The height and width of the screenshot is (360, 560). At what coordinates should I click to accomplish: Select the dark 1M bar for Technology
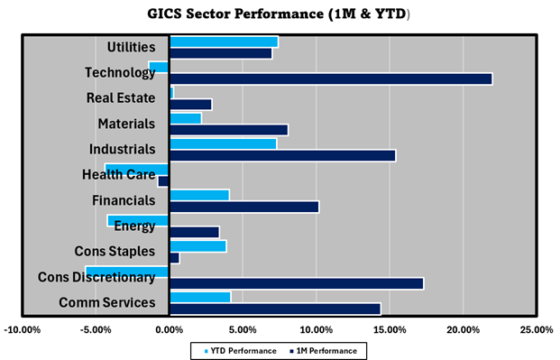(x=330, y=78)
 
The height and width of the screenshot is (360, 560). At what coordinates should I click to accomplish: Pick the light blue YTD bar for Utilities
(x=224, y=42)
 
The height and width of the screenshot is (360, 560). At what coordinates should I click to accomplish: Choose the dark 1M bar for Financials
(x=243, y=207)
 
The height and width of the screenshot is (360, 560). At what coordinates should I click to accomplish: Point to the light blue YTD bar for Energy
(x=138, y=220)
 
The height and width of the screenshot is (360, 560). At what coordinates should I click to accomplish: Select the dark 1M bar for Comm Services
(x=274, y=309)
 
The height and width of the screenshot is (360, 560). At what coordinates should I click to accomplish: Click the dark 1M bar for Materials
(x=228, y=130)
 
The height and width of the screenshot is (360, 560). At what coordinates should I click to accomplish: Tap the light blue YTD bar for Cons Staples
(x=197, y=245)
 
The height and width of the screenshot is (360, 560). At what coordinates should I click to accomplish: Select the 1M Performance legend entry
(x=322, y=350)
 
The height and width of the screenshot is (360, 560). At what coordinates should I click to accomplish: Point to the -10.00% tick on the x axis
(x=23, y=330)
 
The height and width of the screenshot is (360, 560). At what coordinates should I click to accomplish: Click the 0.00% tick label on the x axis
(x=170, y=330)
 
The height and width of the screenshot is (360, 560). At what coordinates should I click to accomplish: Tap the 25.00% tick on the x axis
(x=537, y=330)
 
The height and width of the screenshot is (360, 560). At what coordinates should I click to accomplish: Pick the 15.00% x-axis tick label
(x=390, y=330)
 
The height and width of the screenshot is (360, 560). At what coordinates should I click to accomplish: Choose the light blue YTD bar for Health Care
(x=137, y=169)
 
